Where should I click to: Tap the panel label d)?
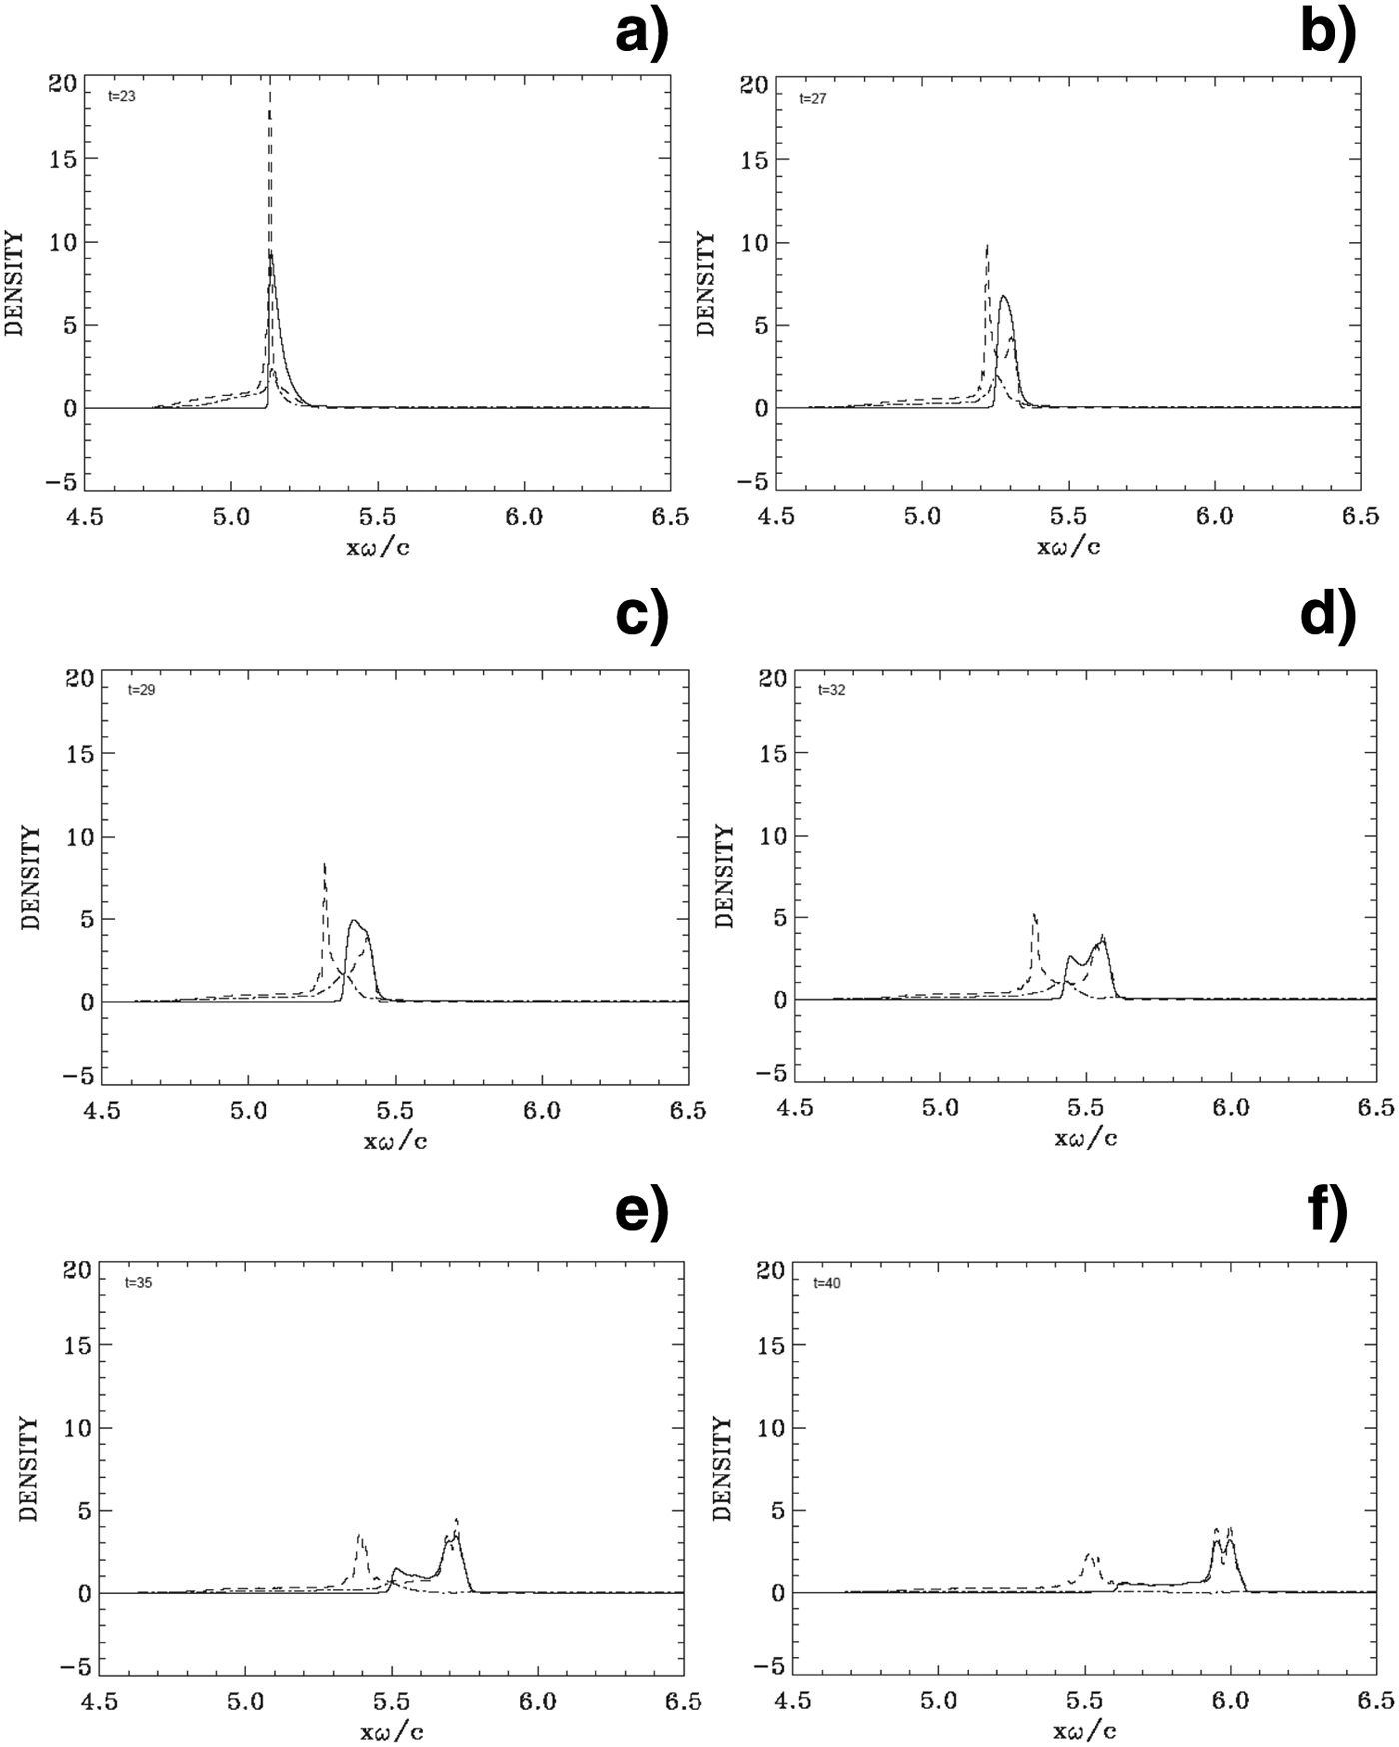tap(1327, 613)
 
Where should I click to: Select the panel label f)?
tap(1327, 1212)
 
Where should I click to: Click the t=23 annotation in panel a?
tap(122, 98)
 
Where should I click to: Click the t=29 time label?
tap(141, 690)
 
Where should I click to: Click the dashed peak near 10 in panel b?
tap(987, 246)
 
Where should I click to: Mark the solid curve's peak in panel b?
tap(1004, 296)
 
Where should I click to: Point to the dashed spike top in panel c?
tap(324, 864)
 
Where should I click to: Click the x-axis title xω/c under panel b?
tap(1068, 546)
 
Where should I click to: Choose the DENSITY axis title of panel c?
tap(32, 878)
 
